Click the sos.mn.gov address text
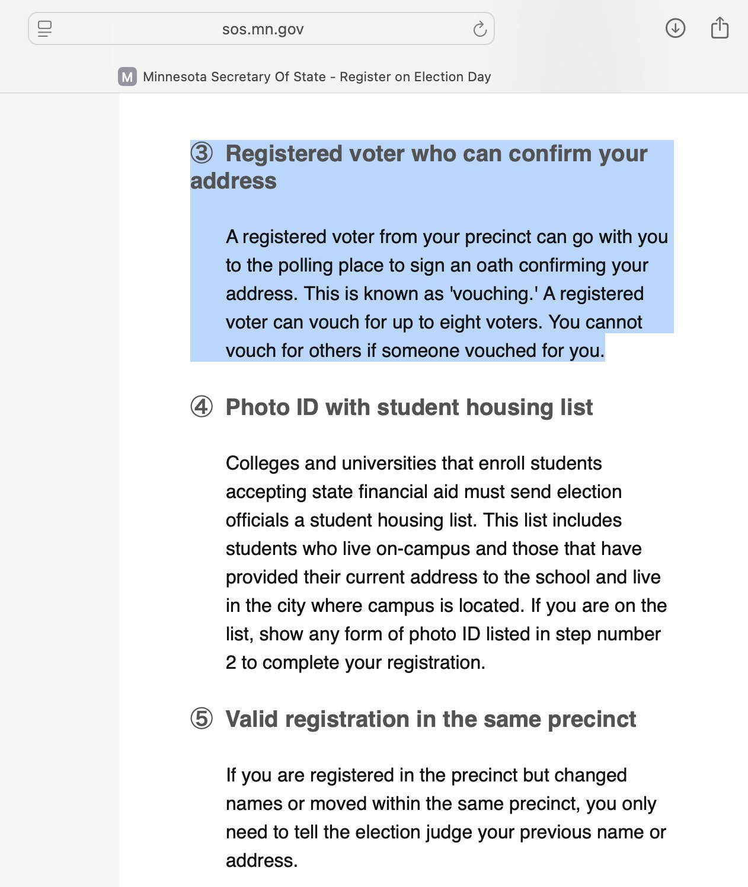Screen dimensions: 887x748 click(263, 29)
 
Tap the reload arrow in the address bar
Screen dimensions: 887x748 click(480, 28)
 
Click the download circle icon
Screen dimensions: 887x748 click(675, 28)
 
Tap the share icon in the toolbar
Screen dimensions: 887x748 click(719, 28)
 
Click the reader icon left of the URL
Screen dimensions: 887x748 click(44, 28)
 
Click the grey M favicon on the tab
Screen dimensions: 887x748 click(127, 76)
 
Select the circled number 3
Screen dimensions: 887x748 click(202, 154)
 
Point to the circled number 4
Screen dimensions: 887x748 click(202, 407)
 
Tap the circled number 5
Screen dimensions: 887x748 click(202, 719)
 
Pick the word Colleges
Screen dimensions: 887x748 click(262, 463)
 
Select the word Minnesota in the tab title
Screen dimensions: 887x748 click(175, 76)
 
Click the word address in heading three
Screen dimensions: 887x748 click(234, 181)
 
